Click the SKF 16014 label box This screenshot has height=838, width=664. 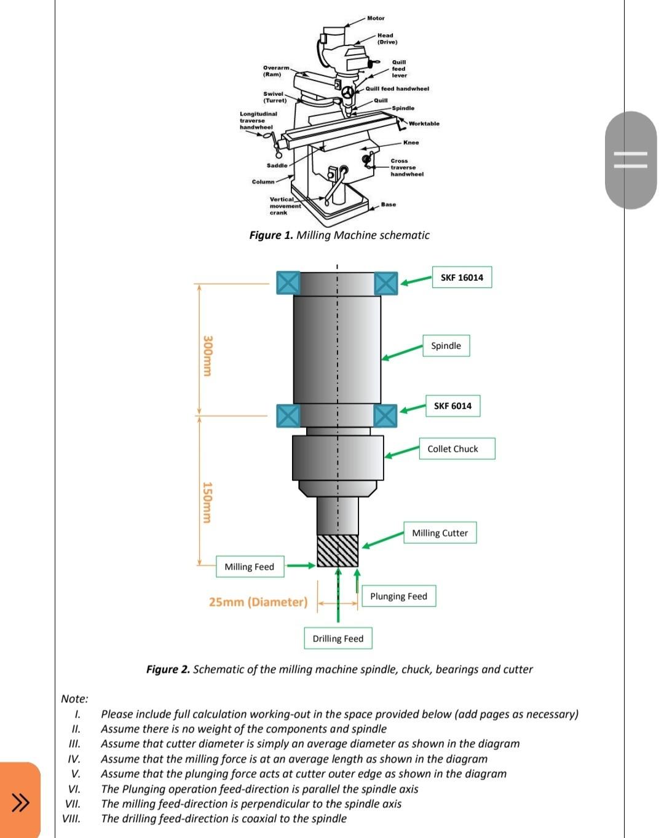click(462, 278)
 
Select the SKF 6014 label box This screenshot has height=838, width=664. click(453, 406)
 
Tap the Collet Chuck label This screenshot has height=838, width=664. click(457, 448)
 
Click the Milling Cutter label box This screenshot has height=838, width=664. click(440, 533)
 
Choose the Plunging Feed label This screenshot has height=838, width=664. click(398, 596)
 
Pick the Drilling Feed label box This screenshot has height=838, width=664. click(338, 638)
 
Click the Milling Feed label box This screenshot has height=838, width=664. click(250, 566)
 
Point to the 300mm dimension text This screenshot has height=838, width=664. click(208, 356)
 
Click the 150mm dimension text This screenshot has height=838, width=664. click(208, 503)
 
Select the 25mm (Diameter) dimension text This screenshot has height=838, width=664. click(258, 602)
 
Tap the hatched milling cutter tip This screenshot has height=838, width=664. click(338, 550)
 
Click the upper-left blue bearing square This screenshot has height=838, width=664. click(288, 283)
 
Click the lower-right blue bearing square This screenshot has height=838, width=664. click(385, 416)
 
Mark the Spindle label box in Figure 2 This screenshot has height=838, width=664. click(446, 346)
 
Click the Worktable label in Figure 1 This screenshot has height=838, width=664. click(424, 123)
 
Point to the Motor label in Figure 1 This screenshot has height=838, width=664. click(376, 18)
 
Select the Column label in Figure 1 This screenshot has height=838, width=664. click(263, 182)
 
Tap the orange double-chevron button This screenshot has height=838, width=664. click(20, 801)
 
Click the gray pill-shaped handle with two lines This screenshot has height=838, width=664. click(630, 160)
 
